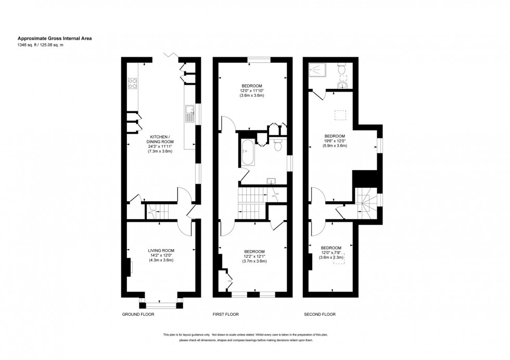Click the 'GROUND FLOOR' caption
138,314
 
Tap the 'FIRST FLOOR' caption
225,314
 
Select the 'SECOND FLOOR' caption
320,314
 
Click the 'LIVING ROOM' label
161,250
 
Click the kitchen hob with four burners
133,84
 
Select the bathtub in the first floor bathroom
247,153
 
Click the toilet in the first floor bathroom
277,145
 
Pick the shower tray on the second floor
317,70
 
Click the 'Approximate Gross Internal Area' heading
55,38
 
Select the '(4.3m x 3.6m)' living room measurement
161,261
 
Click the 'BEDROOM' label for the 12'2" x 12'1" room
254,251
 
